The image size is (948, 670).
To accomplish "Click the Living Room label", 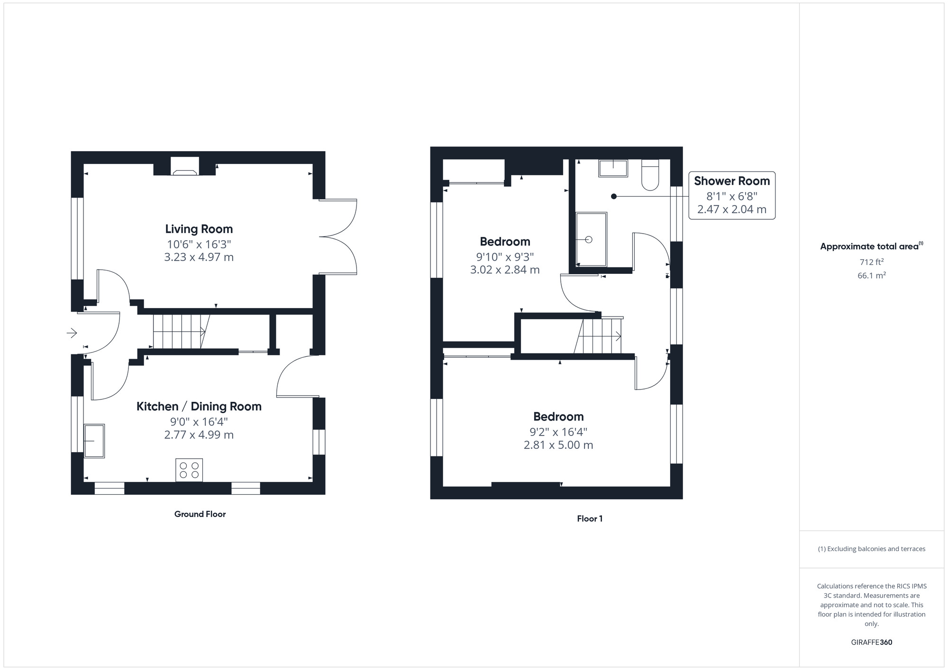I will pyautogui.click(x=199, y=229).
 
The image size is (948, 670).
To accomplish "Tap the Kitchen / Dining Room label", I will pyautogui.click(x=199, y=407).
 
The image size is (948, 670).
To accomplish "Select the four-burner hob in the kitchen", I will pyautogui.click(x=189, y=470).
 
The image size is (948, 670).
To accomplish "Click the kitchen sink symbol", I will pyautogui.click(x=94, y=441).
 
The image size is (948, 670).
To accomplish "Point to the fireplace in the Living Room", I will pyautogui.click(x=185, y=166).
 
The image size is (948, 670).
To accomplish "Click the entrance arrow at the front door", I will pyautogui.click(x=72, y=333).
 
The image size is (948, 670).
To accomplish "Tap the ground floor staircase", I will pyautogui.click(x=181, y=332).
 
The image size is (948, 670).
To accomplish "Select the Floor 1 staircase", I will pyautogui.click(x=600, y=336).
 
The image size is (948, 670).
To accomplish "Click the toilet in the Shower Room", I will pyautogui.click(x=650, y=175).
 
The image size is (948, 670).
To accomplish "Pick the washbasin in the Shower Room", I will pyautogui.click(x=613, y=168).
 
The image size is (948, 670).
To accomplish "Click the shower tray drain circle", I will pyautogui.click(x=589, y=240).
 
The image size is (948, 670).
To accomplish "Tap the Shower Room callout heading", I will pyautogui.click(x=731, y=181).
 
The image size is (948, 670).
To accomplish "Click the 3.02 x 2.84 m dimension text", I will pyautogui.click(x=505, y=270).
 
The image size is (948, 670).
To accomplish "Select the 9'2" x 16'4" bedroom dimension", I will pyautogui.click(x=558, y=432).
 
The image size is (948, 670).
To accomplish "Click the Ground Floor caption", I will pyautogui.click(x=200, y=514).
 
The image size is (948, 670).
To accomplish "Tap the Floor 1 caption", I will pyautogui.click(x=589, y=519).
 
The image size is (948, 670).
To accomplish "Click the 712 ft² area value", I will pyautogui.click(x=871, y=262).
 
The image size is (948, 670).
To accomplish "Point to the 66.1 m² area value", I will pyautogui.click(x=871, y=275).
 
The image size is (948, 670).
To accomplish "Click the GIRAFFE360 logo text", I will pyautogui.click(x=871, y=643).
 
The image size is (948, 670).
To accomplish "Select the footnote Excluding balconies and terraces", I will pyautogui.click(x=871, y=549).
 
